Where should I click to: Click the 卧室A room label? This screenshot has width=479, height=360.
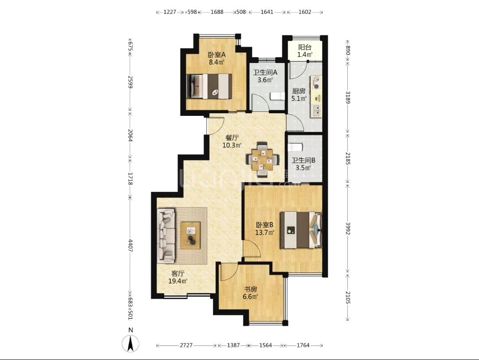[216, 55]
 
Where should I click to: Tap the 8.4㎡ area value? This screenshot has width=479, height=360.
[216, 63]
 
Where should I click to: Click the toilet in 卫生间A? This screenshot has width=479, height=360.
[277, 96]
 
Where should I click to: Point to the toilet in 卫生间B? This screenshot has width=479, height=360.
[295, 147]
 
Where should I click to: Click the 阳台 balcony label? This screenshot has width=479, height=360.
[305, 47]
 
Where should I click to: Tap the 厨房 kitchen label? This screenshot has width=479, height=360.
[298, 91]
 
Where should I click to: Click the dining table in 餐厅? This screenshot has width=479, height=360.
[263, 159]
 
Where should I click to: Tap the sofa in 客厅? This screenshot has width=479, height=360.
[166, 236]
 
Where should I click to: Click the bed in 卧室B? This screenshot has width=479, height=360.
[301, 229]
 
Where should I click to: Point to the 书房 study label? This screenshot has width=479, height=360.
[250, 289]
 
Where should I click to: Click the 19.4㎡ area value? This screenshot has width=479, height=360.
[178, 281]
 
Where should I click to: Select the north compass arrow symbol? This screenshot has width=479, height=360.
[130, 344]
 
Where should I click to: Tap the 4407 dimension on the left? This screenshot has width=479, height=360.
[130, 245]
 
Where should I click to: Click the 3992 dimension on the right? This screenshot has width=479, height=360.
[348, 228]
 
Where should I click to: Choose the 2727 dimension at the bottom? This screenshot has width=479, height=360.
[186, 345]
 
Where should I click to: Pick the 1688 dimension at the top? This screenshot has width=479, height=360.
[217, 12]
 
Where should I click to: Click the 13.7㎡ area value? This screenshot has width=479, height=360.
[264, 232]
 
